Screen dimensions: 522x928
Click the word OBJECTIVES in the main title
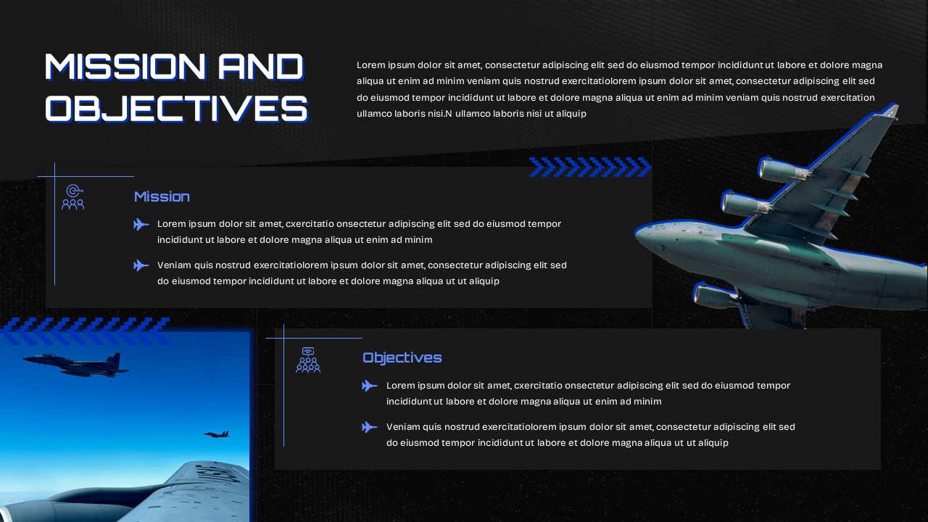click(x=176, y=109)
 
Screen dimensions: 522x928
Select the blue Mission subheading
click(x=162, y=196)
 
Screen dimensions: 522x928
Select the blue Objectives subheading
click(x=402, y=357)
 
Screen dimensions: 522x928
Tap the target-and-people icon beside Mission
click(x=72, y=197)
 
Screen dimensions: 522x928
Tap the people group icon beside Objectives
click(x=308, y=360)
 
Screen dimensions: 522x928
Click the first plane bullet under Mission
click(x=141, y=225)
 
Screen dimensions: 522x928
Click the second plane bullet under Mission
click(x=141, y=265)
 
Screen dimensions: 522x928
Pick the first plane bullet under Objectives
click(x=370, y=386)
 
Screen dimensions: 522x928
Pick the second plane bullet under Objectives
click(x=370, y=427)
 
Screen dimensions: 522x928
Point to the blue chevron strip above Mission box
click(x=589, y=167)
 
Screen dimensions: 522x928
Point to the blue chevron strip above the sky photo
click(x=86, y=330)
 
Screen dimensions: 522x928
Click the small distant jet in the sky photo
click(x=216, y=434)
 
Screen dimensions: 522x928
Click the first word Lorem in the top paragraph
click(x=370, y=65)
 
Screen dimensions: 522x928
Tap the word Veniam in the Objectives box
click(x=402, y=427)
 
